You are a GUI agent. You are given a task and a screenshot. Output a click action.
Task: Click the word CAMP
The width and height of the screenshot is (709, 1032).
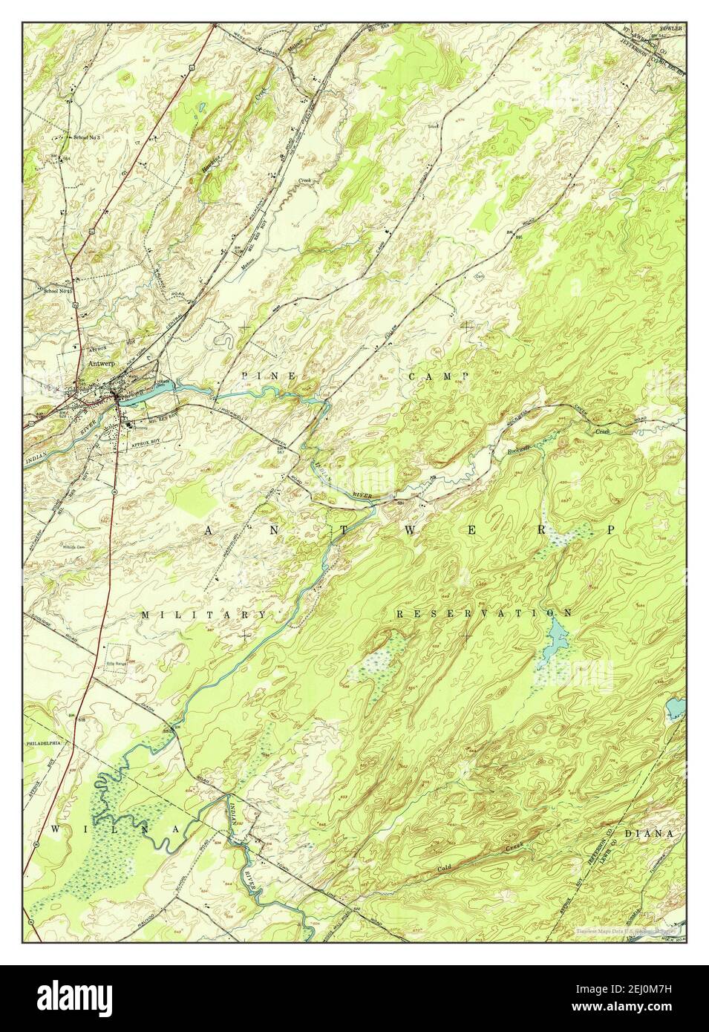coord(439,376)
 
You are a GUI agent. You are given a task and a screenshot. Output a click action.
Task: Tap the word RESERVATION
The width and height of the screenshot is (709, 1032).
coord(484,613)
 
